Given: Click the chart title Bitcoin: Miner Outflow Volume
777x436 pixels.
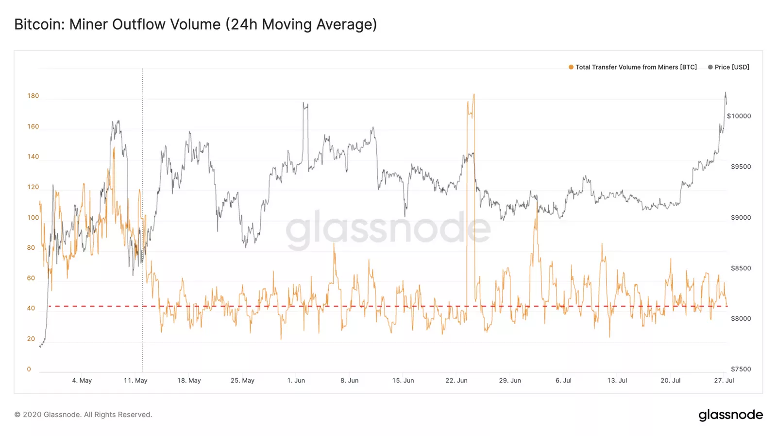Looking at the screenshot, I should point(195,24).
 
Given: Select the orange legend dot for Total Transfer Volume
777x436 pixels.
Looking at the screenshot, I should point(571,67).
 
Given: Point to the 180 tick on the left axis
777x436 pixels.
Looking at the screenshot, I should point(33,96).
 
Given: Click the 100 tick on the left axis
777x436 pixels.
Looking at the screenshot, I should point(33,217).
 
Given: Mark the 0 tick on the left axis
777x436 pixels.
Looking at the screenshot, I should point(29,369).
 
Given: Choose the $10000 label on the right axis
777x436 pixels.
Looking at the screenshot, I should point(739,116).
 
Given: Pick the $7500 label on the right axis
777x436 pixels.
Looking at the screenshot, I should point(741,369).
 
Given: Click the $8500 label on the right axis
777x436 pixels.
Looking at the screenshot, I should point(741,268).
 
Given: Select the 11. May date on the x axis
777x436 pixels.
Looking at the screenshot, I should point(135,380).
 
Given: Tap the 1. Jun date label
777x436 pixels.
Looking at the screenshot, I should point(296,380).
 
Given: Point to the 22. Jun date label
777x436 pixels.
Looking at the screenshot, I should point(456,380).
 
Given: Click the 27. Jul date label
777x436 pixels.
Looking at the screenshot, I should point(724,380).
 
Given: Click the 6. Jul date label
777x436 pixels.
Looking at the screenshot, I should point(563,380).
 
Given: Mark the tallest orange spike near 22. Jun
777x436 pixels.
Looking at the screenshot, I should point(473,95).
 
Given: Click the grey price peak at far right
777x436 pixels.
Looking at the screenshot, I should point(726,93).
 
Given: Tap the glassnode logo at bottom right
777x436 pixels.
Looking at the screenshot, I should point(730,415).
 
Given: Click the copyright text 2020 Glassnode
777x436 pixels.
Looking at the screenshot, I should point(83,415).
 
